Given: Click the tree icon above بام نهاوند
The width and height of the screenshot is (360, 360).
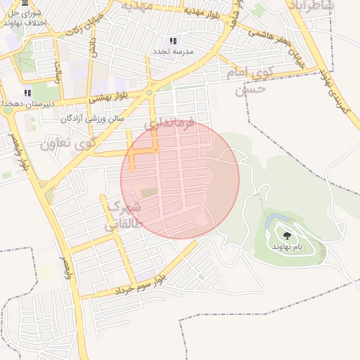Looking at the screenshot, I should pyautogui.click(x=286, y=236).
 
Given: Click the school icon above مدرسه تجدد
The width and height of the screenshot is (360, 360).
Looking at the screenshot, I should pyautogui.click(x=173, y=41).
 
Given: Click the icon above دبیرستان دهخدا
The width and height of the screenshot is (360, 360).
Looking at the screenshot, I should pyautogui.click(x=27, y=93).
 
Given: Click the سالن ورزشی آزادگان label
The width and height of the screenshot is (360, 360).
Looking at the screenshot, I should pyautogui.click(x=91, y=118).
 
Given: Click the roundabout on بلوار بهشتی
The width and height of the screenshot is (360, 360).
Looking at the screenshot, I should pyautogui.click(x=149, y=92).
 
